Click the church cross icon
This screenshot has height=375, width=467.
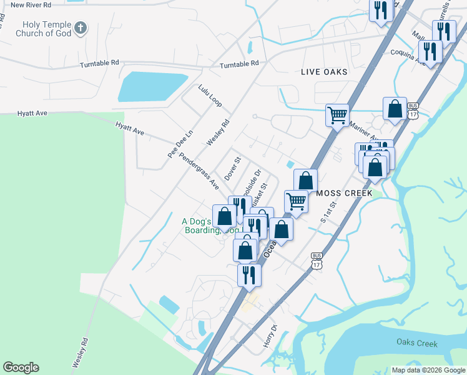pyautogui.click(x=80, y=27)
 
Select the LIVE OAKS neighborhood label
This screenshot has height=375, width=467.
pyautogui.click(x=324, y=72)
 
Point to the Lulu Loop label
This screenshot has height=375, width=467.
pyautogui.click(x=210, y=96)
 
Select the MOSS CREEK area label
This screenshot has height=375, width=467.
pyautogui.click(x=344, y=193)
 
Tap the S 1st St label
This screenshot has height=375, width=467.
pyautogui.click(x=328, y=212)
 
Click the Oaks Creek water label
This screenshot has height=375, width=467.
pyautogui.click(x=417, y=342)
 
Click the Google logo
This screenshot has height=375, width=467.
pyautogui.click(x=21, y=367)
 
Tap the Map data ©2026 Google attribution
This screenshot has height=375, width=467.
pyautogui.click(x=428, y=370)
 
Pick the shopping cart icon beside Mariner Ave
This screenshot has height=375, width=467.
pyautogui.click(x=337, y=114)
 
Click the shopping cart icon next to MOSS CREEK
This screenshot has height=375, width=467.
pyautogui.click(x=296, y=201)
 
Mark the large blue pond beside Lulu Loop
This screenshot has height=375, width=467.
pyautogui.click(x=152, y=86)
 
